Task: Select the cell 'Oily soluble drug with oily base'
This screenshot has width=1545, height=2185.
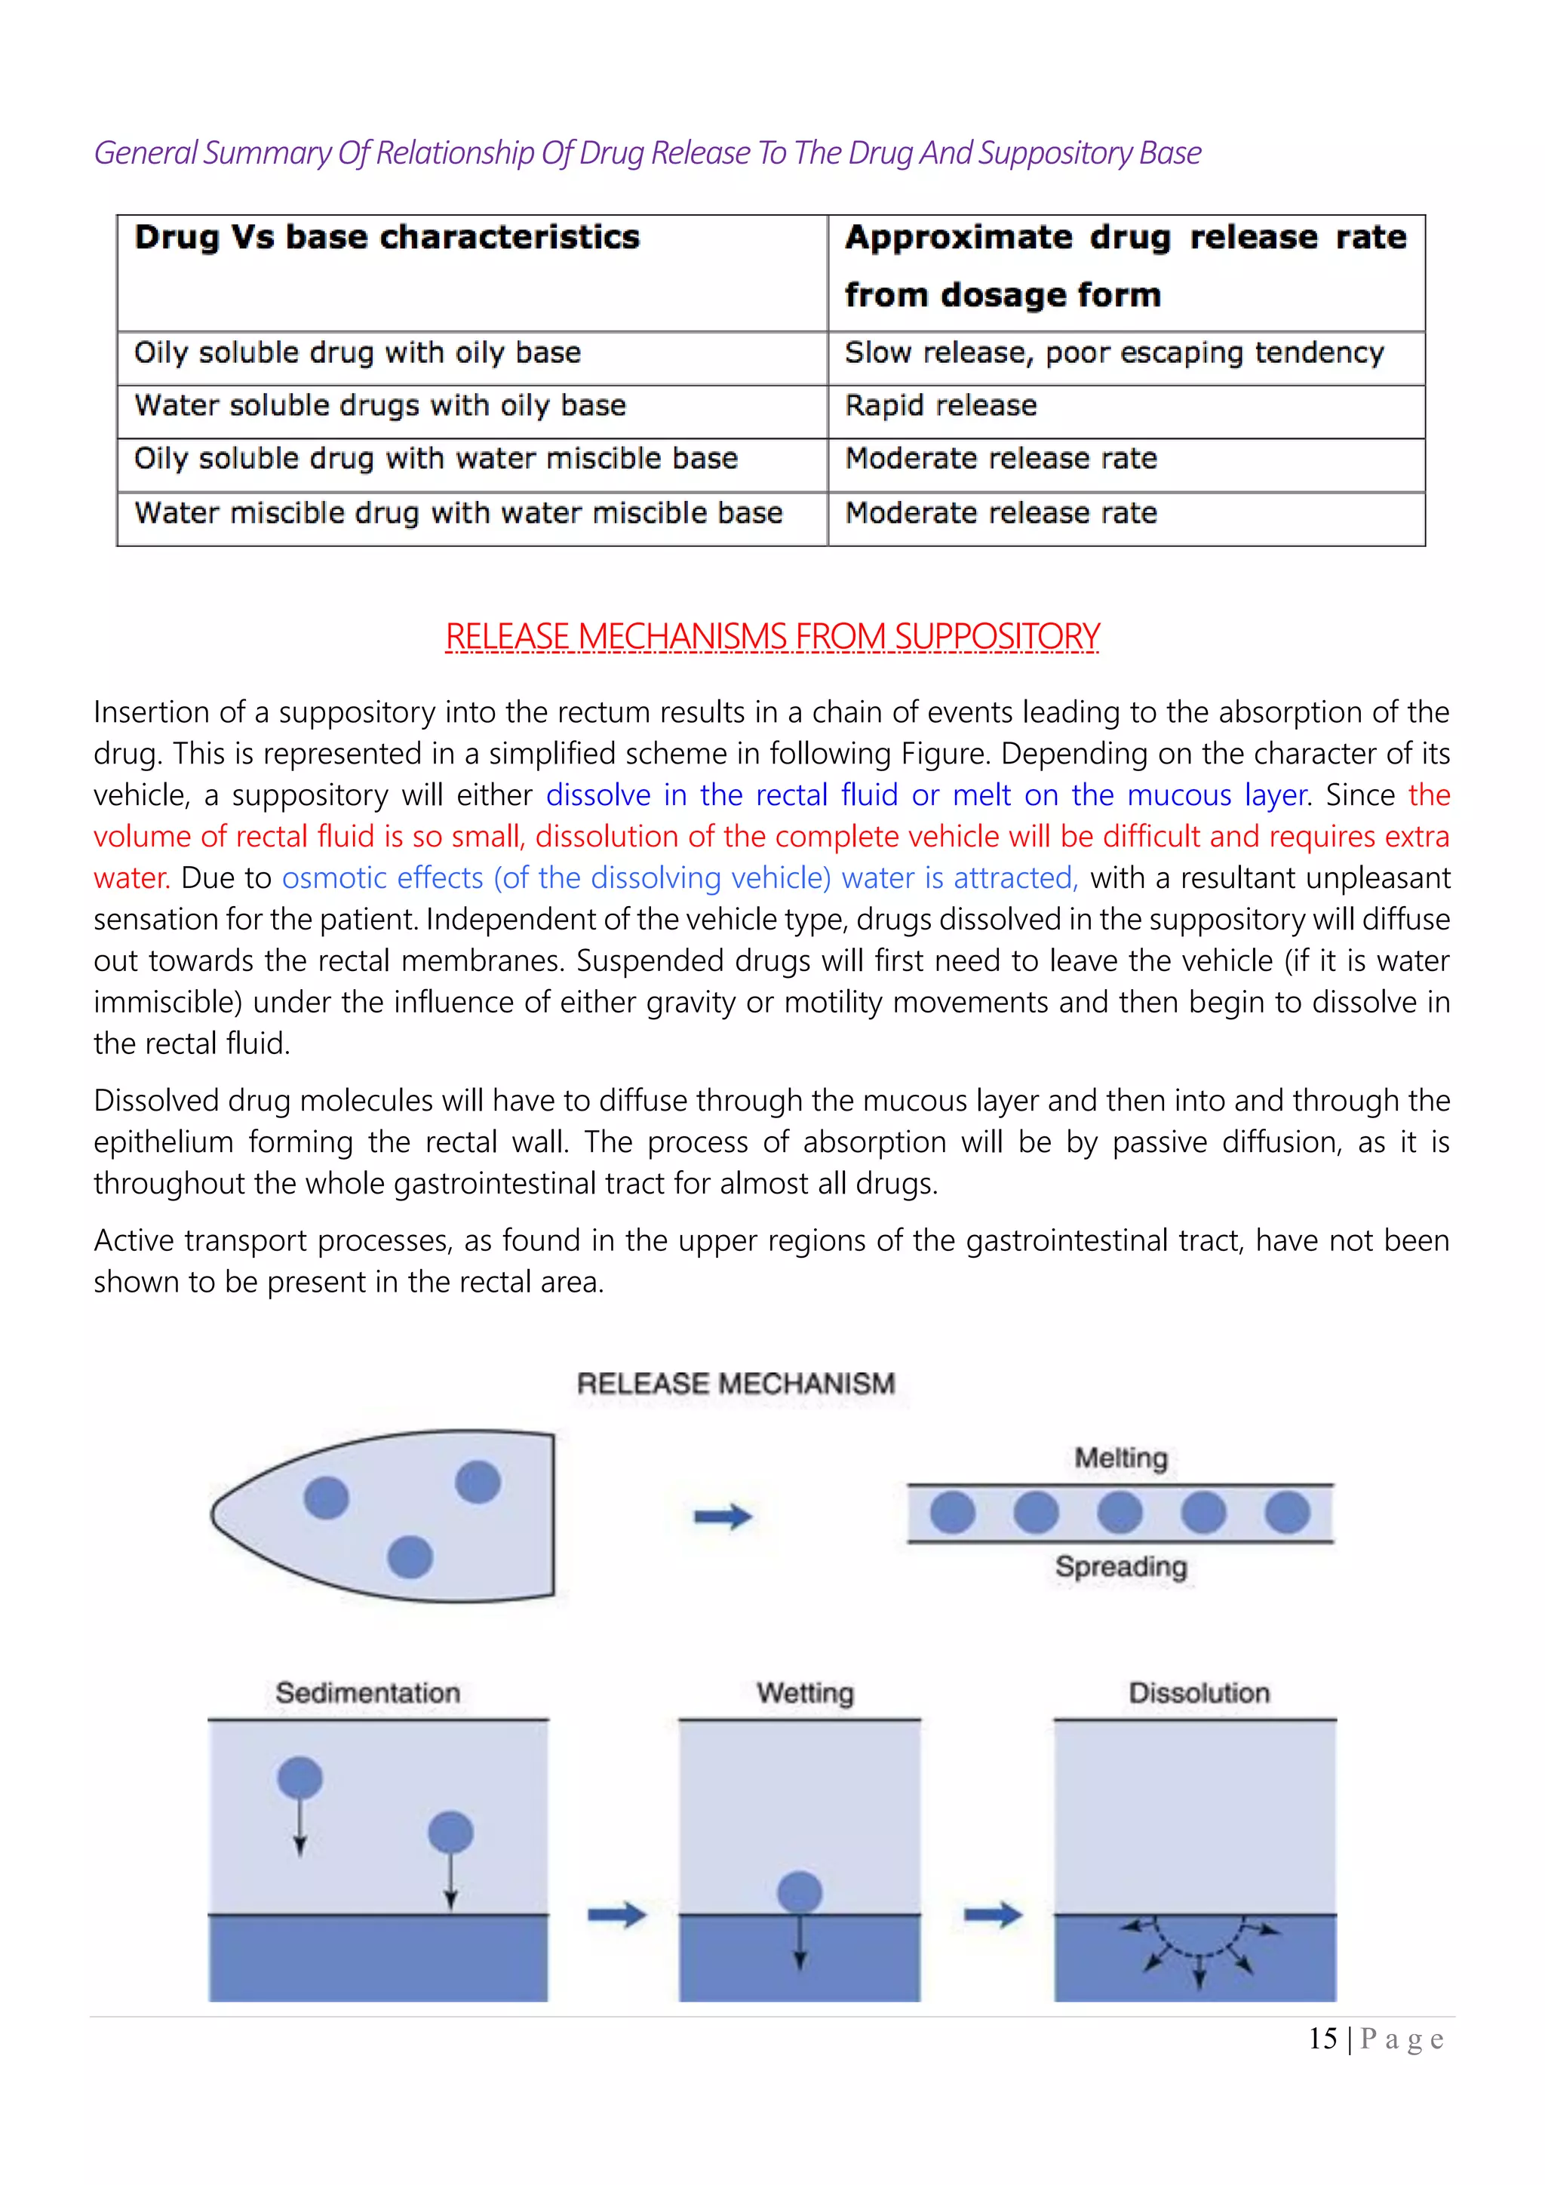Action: click(357, 353)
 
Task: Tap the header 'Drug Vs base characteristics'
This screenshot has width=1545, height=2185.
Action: click(386, 238)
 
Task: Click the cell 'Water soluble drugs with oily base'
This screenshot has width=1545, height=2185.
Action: click(379, 407)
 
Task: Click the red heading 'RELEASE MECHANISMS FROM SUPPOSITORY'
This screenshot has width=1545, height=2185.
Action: click(772, 637)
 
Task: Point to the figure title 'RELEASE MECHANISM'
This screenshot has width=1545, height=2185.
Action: click(736, 1384)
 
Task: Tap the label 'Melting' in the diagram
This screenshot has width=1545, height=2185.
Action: click(1120, 1458)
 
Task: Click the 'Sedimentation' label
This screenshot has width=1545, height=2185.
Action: click(367, 1693)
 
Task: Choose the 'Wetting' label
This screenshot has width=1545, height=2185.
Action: click(805, 1693)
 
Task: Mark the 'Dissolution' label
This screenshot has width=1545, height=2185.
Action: click(1199, 1693)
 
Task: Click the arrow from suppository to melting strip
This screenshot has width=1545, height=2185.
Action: click(723, 1516)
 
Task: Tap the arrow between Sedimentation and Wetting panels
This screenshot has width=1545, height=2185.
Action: click(616, 1914)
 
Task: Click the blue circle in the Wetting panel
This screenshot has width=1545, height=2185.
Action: click(799, 1892)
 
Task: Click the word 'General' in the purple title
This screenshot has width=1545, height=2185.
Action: click(146, 153)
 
